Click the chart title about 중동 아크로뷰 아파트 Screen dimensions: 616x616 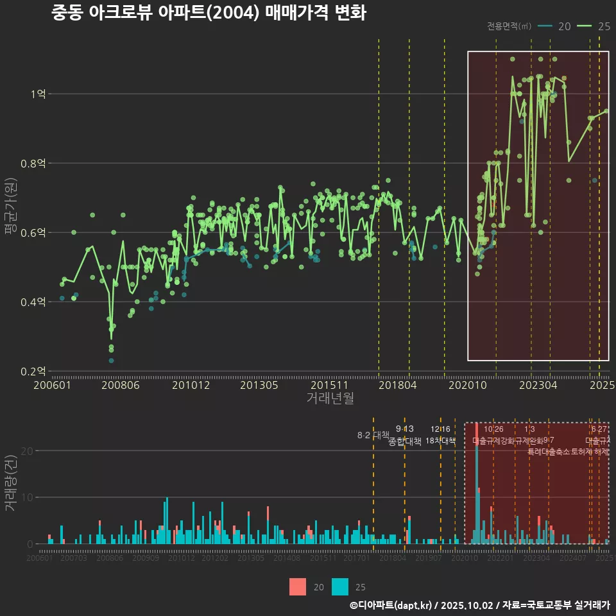point(209,13)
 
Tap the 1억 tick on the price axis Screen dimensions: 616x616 point(37,94)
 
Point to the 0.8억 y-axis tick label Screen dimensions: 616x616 point(33,164)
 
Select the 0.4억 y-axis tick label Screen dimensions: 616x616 point(33,302)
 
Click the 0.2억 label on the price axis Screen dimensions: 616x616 point(33,371)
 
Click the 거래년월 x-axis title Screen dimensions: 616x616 point(330,398)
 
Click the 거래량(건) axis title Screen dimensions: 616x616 point(11,483)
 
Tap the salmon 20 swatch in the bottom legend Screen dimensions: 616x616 point(298,586)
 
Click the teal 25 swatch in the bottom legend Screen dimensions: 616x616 point(340,586)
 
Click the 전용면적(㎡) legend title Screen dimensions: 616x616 point(509,26)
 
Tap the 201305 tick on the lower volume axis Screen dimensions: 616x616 point(251,558)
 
